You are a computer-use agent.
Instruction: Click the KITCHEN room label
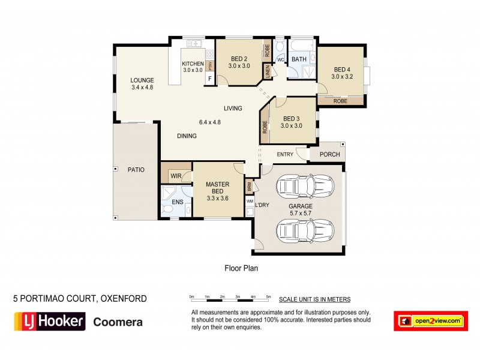tap(193, 64)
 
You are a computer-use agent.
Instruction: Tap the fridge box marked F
tap(210, 78)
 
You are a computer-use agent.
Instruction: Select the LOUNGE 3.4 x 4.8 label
tap(143, 83)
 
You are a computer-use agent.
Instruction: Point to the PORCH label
tap(329, 154)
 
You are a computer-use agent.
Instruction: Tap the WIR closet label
tap(176, 176)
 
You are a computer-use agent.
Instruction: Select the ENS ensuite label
tap(177, 203)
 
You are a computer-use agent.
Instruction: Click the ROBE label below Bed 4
tap(340, 101)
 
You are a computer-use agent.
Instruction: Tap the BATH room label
tap(299, 59)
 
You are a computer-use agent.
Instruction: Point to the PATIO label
tap(136, 170)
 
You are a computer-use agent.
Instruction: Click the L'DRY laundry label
tap(262, 206)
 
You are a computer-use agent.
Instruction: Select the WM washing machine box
tap(250, 202)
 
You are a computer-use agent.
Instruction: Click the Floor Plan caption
tap(241, 268)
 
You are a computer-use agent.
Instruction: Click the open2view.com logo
tap(430, 321)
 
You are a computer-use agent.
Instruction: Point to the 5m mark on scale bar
tap(269, 297)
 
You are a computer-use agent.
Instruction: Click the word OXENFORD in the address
tap(122, 298)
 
